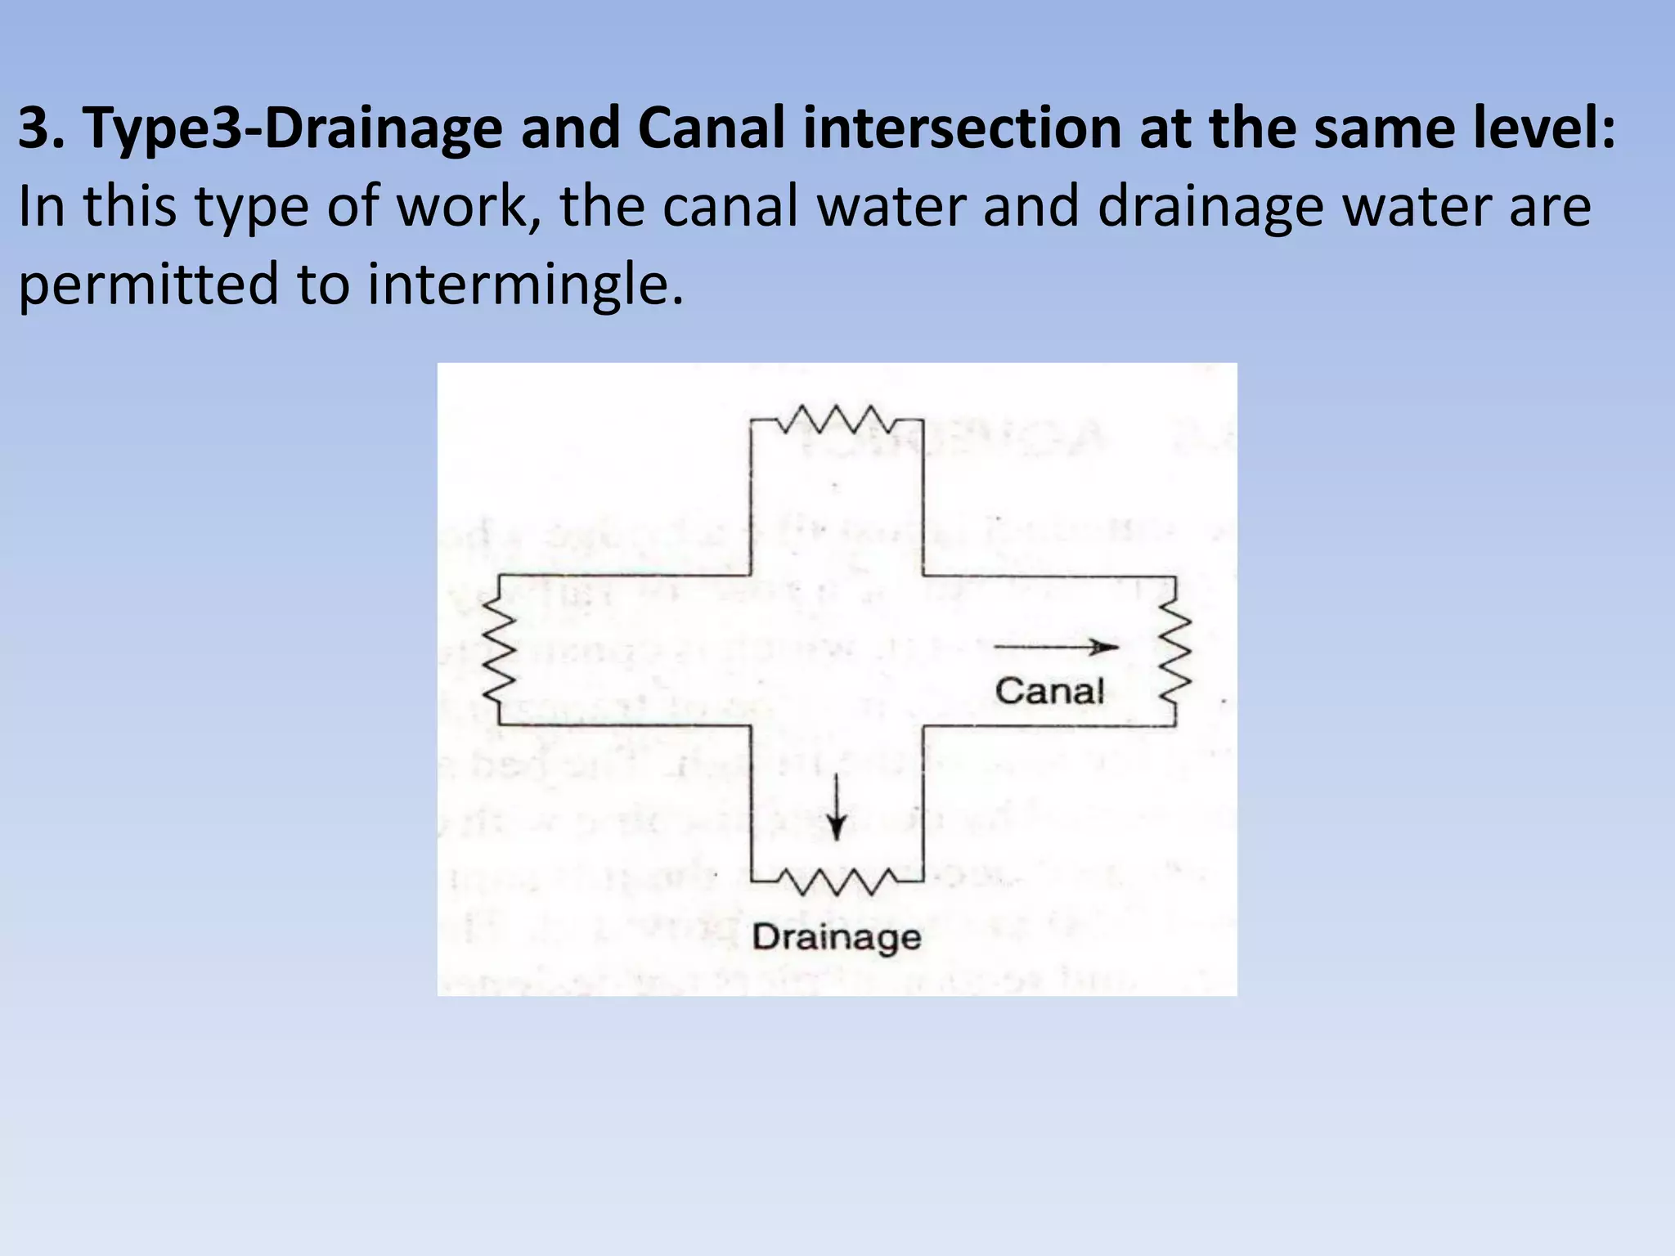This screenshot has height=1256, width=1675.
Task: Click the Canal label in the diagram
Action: pos(1049,692)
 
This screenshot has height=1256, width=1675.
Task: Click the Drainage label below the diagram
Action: pos(836,938)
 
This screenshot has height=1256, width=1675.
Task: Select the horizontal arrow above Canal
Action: pos(1055,648)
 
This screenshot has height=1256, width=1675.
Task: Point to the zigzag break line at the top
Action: pos(836,419)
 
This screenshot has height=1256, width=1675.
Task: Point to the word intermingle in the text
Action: pos(523,285)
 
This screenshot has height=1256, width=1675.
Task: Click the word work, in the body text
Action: pos(469,206)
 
